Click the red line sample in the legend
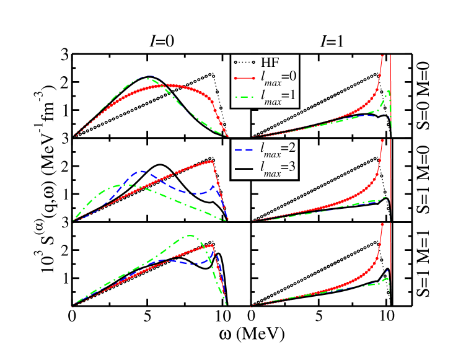(x=244, y=79)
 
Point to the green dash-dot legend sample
(x=244, y=95)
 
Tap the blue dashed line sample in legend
(x=244, y=149)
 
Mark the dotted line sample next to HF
(x=244, y=62)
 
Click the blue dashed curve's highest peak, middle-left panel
(x=142, y=171)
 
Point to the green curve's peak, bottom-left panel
(x=190, y=235)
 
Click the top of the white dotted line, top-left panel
(x=212, y=75)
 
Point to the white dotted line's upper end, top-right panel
(x=377, y=74)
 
